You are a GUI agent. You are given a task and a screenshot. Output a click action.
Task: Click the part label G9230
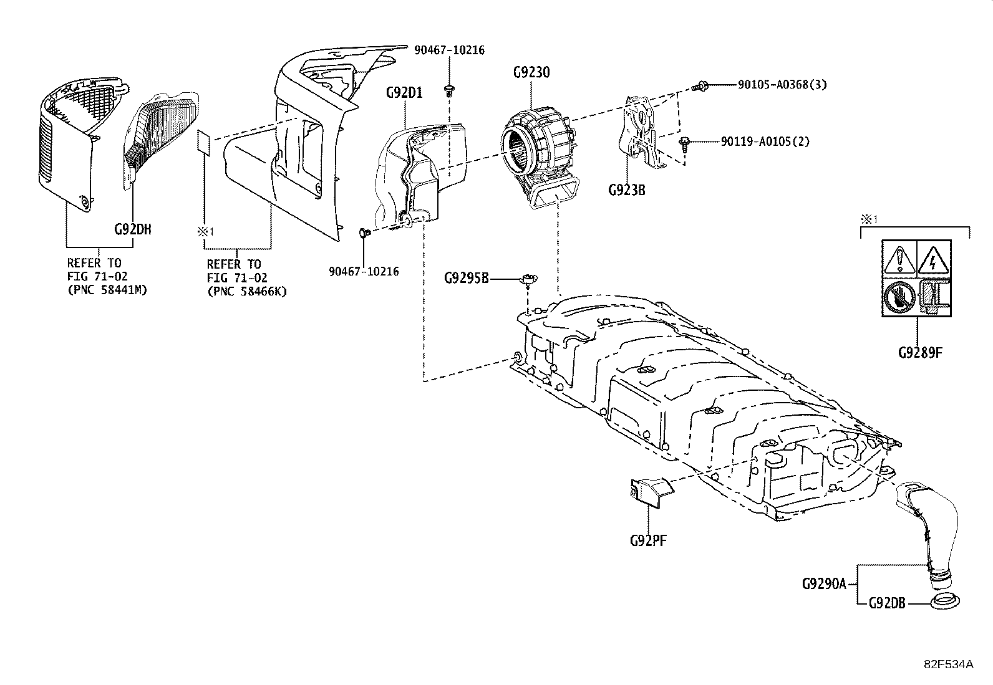(531, 72)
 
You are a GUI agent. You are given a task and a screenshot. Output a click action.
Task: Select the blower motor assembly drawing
(540, 153)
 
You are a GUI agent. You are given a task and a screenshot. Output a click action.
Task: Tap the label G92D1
(404, 93)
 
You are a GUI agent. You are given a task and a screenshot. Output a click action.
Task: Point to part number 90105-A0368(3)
(782, 85)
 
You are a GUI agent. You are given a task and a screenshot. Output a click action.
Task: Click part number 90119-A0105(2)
(765, 141)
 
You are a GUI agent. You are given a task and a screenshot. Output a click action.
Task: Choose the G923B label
(626, 189)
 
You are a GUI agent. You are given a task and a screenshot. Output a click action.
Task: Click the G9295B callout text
(467, 277)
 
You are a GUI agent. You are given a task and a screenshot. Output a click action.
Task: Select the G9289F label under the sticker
(919, 352)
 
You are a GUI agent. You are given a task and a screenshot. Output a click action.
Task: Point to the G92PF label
(648, 540)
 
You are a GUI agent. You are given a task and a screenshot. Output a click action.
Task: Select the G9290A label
(823, 584)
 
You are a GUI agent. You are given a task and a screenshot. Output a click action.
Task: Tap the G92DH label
(132, 229)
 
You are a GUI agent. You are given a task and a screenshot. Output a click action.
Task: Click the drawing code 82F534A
(948, 664)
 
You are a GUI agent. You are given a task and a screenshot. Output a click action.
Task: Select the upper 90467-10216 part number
(449, 50)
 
